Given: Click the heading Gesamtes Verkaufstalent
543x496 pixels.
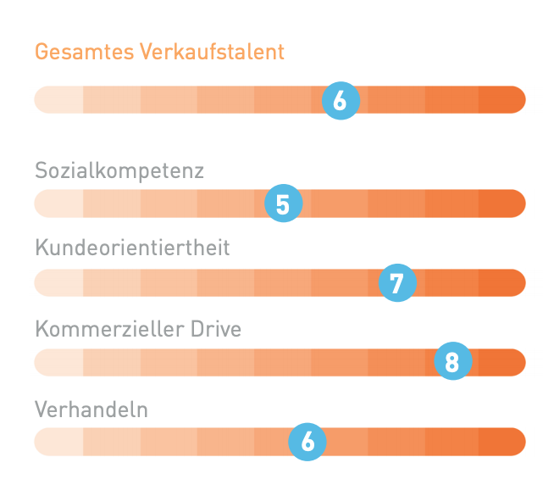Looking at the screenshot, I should click(159, 52).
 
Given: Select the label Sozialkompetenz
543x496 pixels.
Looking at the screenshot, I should click(119, 170).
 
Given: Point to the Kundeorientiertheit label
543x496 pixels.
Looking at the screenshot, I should click(132, 248).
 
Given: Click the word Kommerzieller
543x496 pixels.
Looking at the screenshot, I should click(104, 328).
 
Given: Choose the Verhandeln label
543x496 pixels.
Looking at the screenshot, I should click(91, 410).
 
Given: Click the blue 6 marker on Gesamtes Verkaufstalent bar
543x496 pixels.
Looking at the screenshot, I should click(341, 102).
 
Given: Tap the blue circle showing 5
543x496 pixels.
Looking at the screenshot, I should click(283, 204).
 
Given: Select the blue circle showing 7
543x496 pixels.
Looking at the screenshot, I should click(396, 282).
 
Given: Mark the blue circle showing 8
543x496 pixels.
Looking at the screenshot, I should click(452, 363).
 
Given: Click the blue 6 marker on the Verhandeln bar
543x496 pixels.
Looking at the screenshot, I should click(308, 442).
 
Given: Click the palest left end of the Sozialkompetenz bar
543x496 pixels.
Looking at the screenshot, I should click(58, 203).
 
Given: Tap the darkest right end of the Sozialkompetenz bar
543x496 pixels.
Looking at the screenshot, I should click(503, 203).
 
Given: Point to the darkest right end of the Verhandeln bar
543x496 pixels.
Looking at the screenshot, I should click(503, 442).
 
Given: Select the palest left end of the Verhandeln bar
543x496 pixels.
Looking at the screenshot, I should click(58, 442).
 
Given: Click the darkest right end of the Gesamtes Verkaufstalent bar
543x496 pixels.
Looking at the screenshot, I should click(503, 100).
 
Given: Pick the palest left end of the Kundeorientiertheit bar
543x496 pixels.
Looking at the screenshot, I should click(58, 282).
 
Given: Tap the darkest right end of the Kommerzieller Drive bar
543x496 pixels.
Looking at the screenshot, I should click(505, 362).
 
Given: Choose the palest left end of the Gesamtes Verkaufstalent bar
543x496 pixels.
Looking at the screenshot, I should click(58, 100).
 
